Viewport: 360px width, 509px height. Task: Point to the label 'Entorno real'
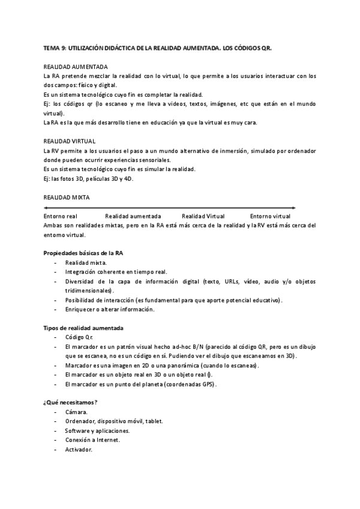(x=61, y=215)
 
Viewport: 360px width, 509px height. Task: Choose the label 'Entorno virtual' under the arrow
(x=270, y=215)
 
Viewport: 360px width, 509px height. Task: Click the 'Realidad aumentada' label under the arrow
(x=133, y=215)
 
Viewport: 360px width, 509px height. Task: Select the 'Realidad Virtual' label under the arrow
(x=203, y=215)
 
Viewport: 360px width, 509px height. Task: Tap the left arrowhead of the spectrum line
(x=46, y=207)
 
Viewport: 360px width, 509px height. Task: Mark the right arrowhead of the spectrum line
(x=293, y=207)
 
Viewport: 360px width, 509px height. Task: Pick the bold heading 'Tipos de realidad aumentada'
(x=83, y=328)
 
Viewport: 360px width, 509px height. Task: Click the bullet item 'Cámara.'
(x=76, y=412)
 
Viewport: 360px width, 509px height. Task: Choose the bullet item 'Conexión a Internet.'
(x=92, y=440)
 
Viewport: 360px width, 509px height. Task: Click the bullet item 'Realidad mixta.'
(x=86, y=262)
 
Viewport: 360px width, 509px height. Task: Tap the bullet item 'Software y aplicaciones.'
(x=97, y=430)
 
